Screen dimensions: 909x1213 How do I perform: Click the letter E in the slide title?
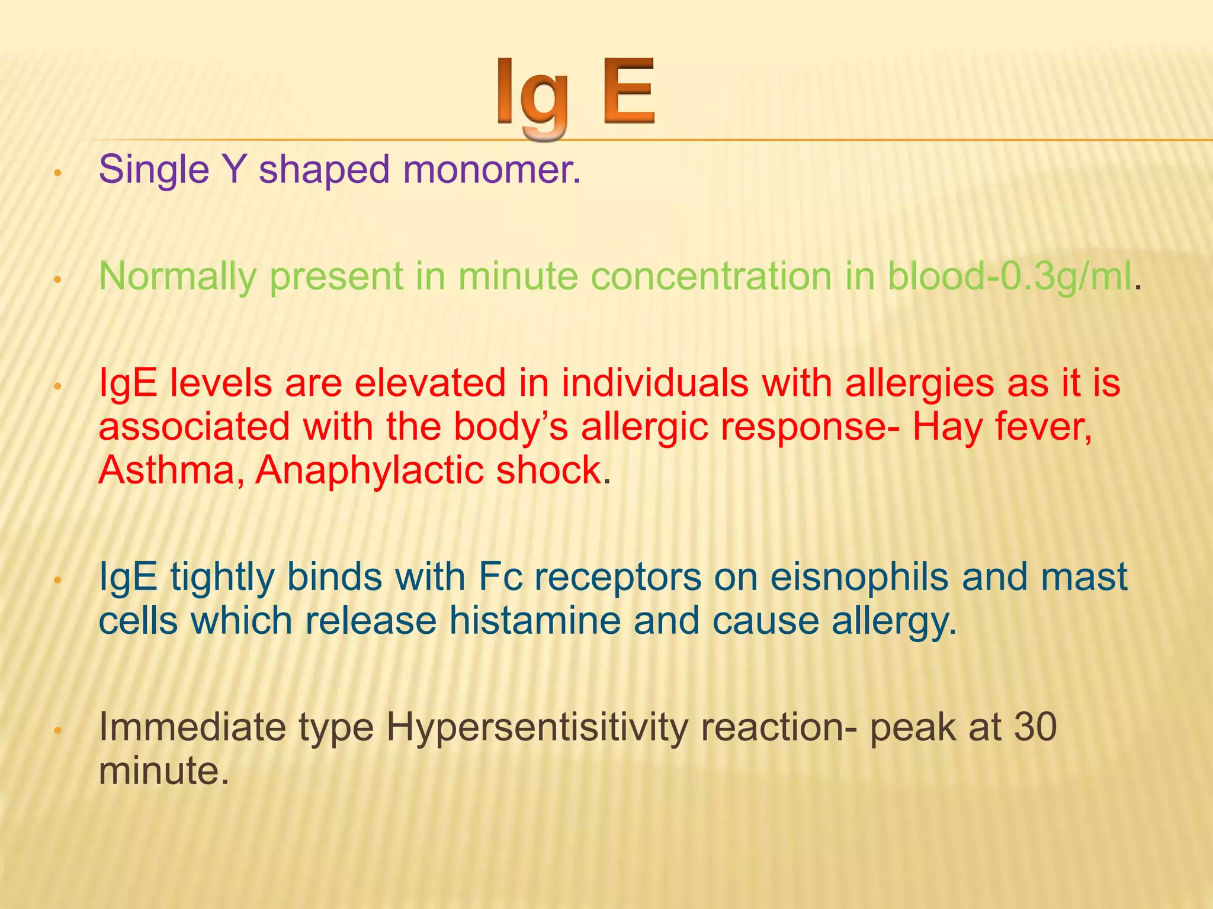click(x=629, y=92)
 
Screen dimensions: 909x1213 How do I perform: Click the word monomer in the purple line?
click(x=491, y=169)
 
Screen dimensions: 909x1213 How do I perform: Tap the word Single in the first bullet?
click(x=154, y=170)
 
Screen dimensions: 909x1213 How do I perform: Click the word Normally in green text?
click(x=177, y=277)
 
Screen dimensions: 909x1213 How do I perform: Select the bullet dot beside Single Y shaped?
click(x=57, y=173)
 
